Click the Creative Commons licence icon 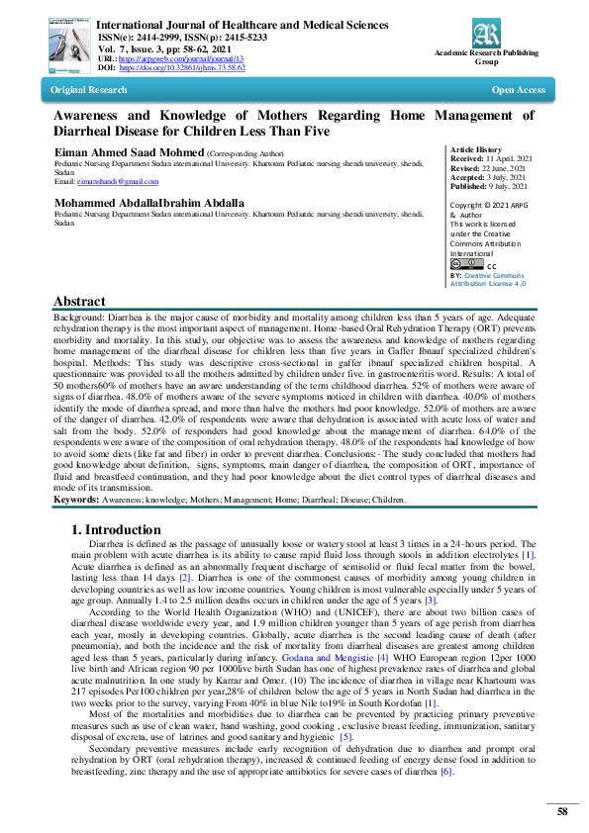point(465,264)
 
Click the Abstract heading point(79,302)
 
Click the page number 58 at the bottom point(561,811)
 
